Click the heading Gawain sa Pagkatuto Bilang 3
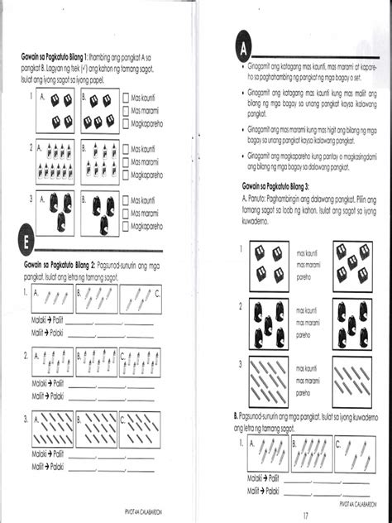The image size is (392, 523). [278, 187]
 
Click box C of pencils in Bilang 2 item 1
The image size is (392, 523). [139, 298]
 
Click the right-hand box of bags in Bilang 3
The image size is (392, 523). [352, 321]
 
